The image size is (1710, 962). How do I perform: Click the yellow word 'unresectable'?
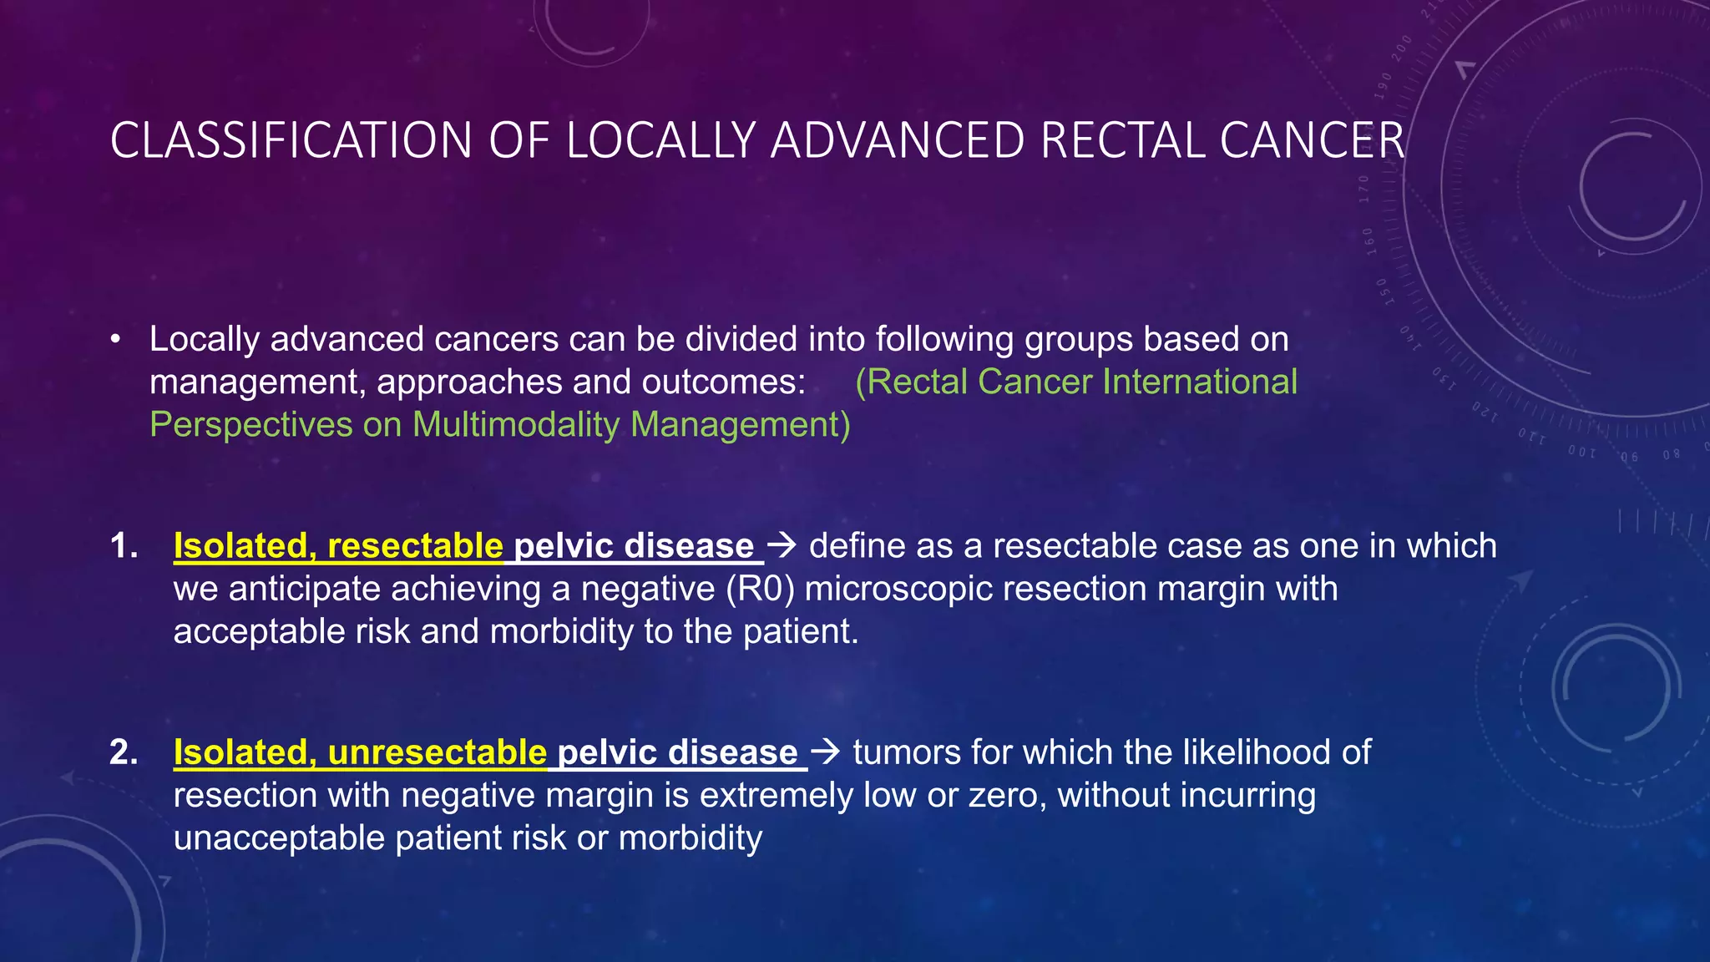[x=437, y=752]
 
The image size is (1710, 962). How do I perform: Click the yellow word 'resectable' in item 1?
[x=415, y=546]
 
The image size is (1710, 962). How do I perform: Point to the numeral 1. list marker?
[x=124, y=546]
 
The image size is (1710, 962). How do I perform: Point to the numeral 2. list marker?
[x=124, y=752]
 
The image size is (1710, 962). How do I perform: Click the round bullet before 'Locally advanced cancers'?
[x=115, y=340]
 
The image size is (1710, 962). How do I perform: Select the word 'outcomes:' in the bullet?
[x=723, y=382]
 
